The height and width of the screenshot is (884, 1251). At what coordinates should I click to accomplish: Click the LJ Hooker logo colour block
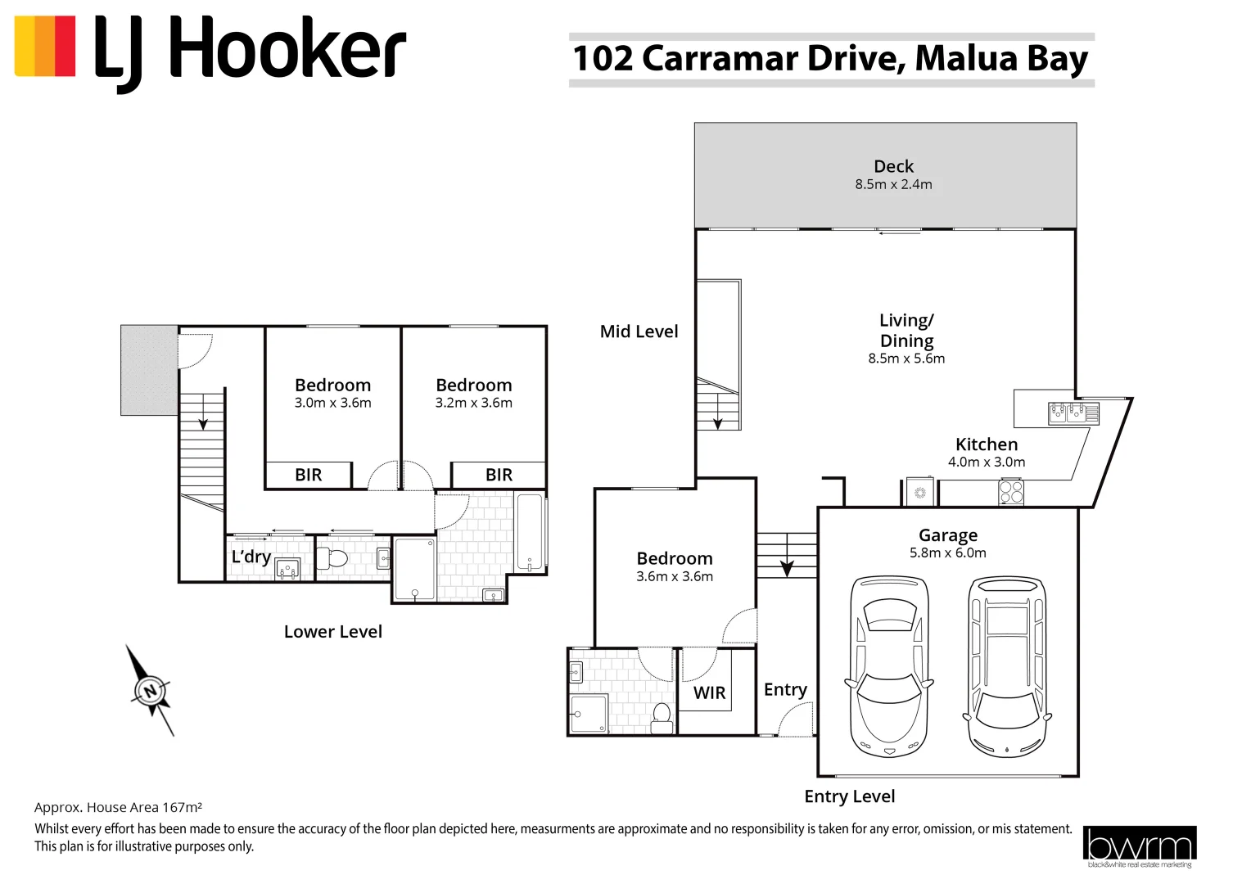[x=45, y=47]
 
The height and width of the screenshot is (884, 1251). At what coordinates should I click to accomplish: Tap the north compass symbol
[x=150, y=691]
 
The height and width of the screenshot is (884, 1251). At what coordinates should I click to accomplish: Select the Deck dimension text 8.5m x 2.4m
[x=893, y=185]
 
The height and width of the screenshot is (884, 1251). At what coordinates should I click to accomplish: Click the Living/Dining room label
[x=906, y=331]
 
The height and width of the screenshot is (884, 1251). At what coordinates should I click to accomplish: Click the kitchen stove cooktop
[x=1011, y=492]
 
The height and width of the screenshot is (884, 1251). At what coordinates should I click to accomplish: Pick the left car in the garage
[x=889, y=665]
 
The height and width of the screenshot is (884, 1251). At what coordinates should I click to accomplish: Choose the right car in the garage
[x=1006, y=665]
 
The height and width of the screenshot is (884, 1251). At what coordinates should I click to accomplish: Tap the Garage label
[x=947, y=535]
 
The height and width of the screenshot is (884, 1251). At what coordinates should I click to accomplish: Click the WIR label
[x=709, y=693]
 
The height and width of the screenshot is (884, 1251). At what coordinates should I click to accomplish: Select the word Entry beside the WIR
[x=785, y=690]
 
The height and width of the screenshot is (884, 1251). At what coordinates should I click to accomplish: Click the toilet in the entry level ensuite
[x=662, y=718]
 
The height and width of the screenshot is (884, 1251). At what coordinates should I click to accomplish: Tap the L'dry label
[x=251, y=557]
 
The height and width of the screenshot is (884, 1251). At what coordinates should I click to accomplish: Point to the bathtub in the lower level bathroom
[x=530, y=532]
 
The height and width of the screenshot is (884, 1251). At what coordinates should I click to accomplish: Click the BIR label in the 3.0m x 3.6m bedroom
[x=309, y=476]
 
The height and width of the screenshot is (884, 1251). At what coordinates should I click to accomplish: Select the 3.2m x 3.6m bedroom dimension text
[x=473, y=403]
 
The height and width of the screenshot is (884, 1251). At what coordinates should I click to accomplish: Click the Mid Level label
[x=639, y=331]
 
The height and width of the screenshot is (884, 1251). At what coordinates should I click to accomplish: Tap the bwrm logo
[x=1139, y=846]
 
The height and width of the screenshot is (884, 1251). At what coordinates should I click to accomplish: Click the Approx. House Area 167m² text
[x=118, y=807]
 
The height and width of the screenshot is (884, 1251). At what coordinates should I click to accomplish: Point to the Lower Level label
[x=332, y=632]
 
